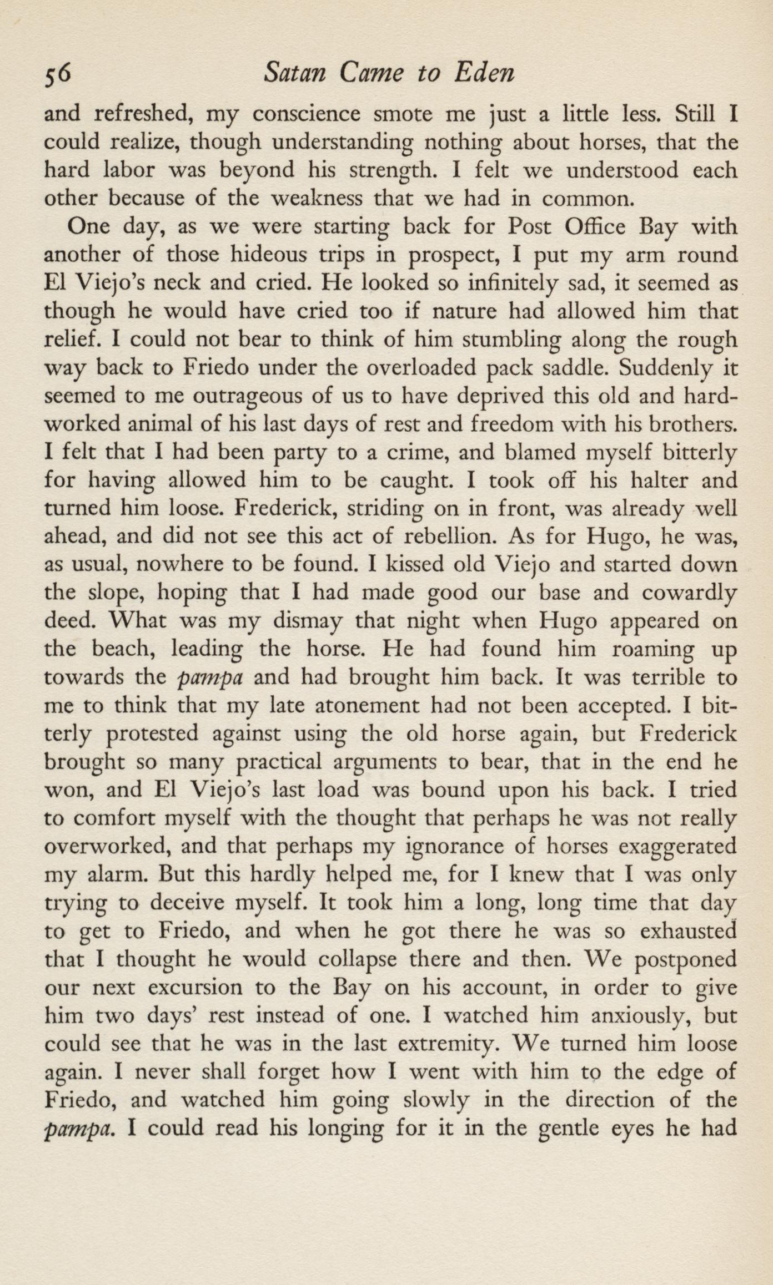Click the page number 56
click(58, 73)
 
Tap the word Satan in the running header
click(295, 73)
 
